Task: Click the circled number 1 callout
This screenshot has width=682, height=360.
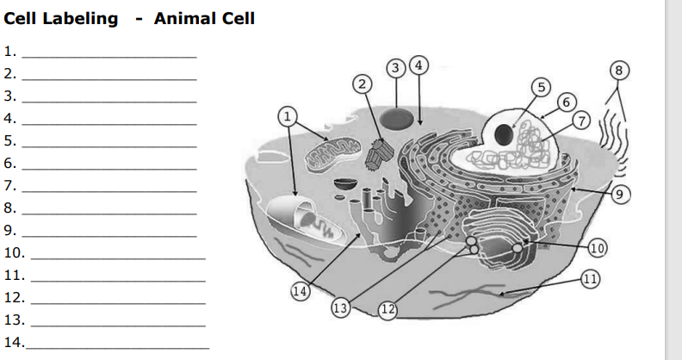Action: (288, 116)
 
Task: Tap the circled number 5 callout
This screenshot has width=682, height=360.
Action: (541, 87)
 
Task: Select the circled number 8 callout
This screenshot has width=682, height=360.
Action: (619, 71)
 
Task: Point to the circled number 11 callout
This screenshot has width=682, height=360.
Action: (590, 279)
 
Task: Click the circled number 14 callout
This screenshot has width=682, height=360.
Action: (301, 291)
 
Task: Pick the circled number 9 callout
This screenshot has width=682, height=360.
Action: (620, 194)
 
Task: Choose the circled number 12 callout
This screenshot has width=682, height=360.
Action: (387, 309)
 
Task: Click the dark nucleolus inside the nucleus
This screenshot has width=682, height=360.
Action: (504, 134)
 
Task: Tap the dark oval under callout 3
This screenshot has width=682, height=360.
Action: (396, 119)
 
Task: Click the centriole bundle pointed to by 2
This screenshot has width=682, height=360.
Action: (379, 154)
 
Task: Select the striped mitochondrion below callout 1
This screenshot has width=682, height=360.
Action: (333, 154)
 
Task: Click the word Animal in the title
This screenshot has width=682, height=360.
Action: (204, 19)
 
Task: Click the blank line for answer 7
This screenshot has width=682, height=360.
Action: (109, 191)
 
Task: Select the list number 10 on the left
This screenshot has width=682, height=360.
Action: (15, 252)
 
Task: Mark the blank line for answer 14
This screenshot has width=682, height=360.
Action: (117, 348)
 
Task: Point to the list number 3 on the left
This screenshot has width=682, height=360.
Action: (10, 96)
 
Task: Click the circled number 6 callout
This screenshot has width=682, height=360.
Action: (567, 102)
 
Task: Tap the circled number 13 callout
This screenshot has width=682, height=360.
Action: (340, 307)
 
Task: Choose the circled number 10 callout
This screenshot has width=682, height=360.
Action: (598, 248)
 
